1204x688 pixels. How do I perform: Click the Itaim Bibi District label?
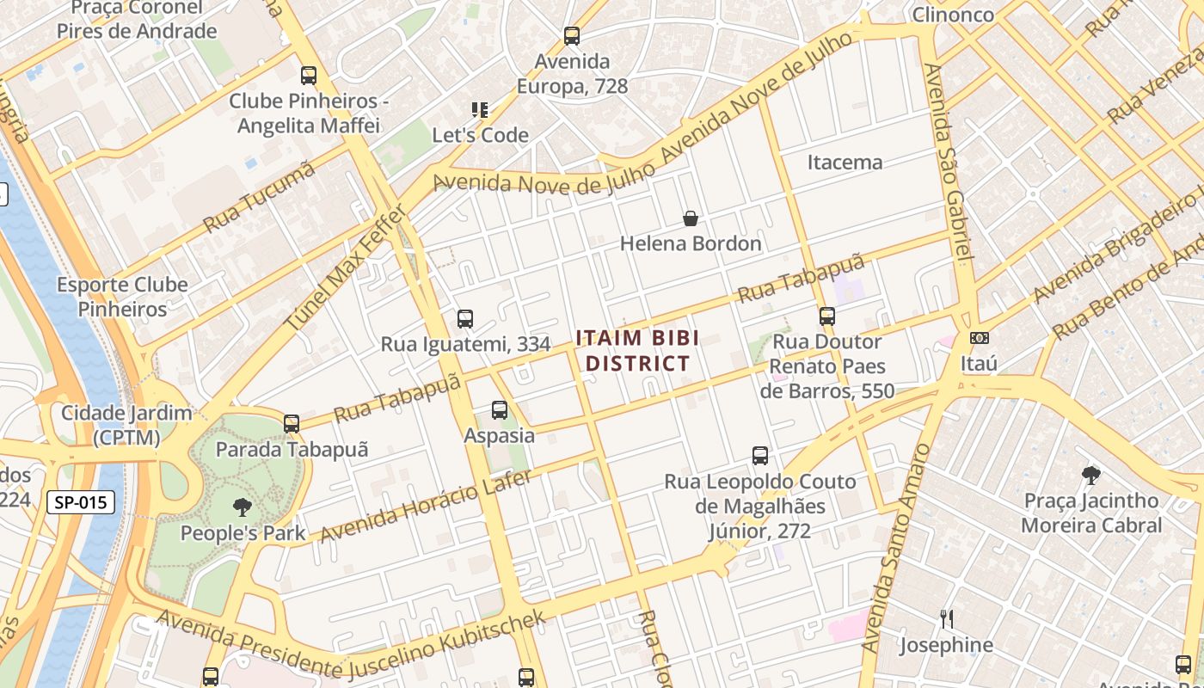pyautogui.click(x=637, y=350)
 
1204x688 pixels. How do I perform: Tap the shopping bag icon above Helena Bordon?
pyautogui.click(x=690, y=218)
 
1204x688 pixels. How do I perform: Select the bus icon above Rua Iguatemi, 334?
pyautogui.click(x=465, y=319)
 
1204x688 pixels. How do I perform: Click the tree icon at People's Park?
pyautogui.click(x=243, y=507)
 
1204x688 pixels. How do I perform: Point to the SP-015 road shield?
pyautogui.click(x=81, y=502)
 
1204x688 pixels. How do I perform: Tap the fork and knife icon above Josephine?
pyautogui.click(x=946, y=618)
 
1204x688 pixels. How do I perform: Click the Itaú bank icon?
pyautogui.click(x=979, y=338)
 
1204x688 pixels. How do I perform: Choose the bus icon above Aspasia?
pyautogui.click(x=500, y=410)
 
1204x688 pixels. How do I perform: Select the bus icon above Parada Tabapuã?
pyautogui.click(x=292, y=423)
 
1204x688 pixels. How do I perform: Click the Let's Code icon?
pyautogui.click(x=480, y=110)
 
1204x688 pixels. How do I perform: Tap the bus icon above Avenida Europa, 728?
pyautogui.click(x=572, y=36)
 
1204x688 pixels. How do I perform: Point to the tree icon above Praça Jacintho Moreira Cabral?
pyautogui.click(x=1091, y=474)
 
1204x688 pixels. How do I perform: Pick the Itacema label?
pyautogui.click(x=845, y=162)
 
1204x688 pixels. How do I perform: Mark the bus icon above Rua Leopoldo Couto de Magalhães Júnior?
pyautogui.click(x=760, y=455)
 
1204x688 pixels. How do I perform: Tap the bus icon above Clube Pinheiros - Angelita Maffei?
pyautogui.click(x=309, y=76)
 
